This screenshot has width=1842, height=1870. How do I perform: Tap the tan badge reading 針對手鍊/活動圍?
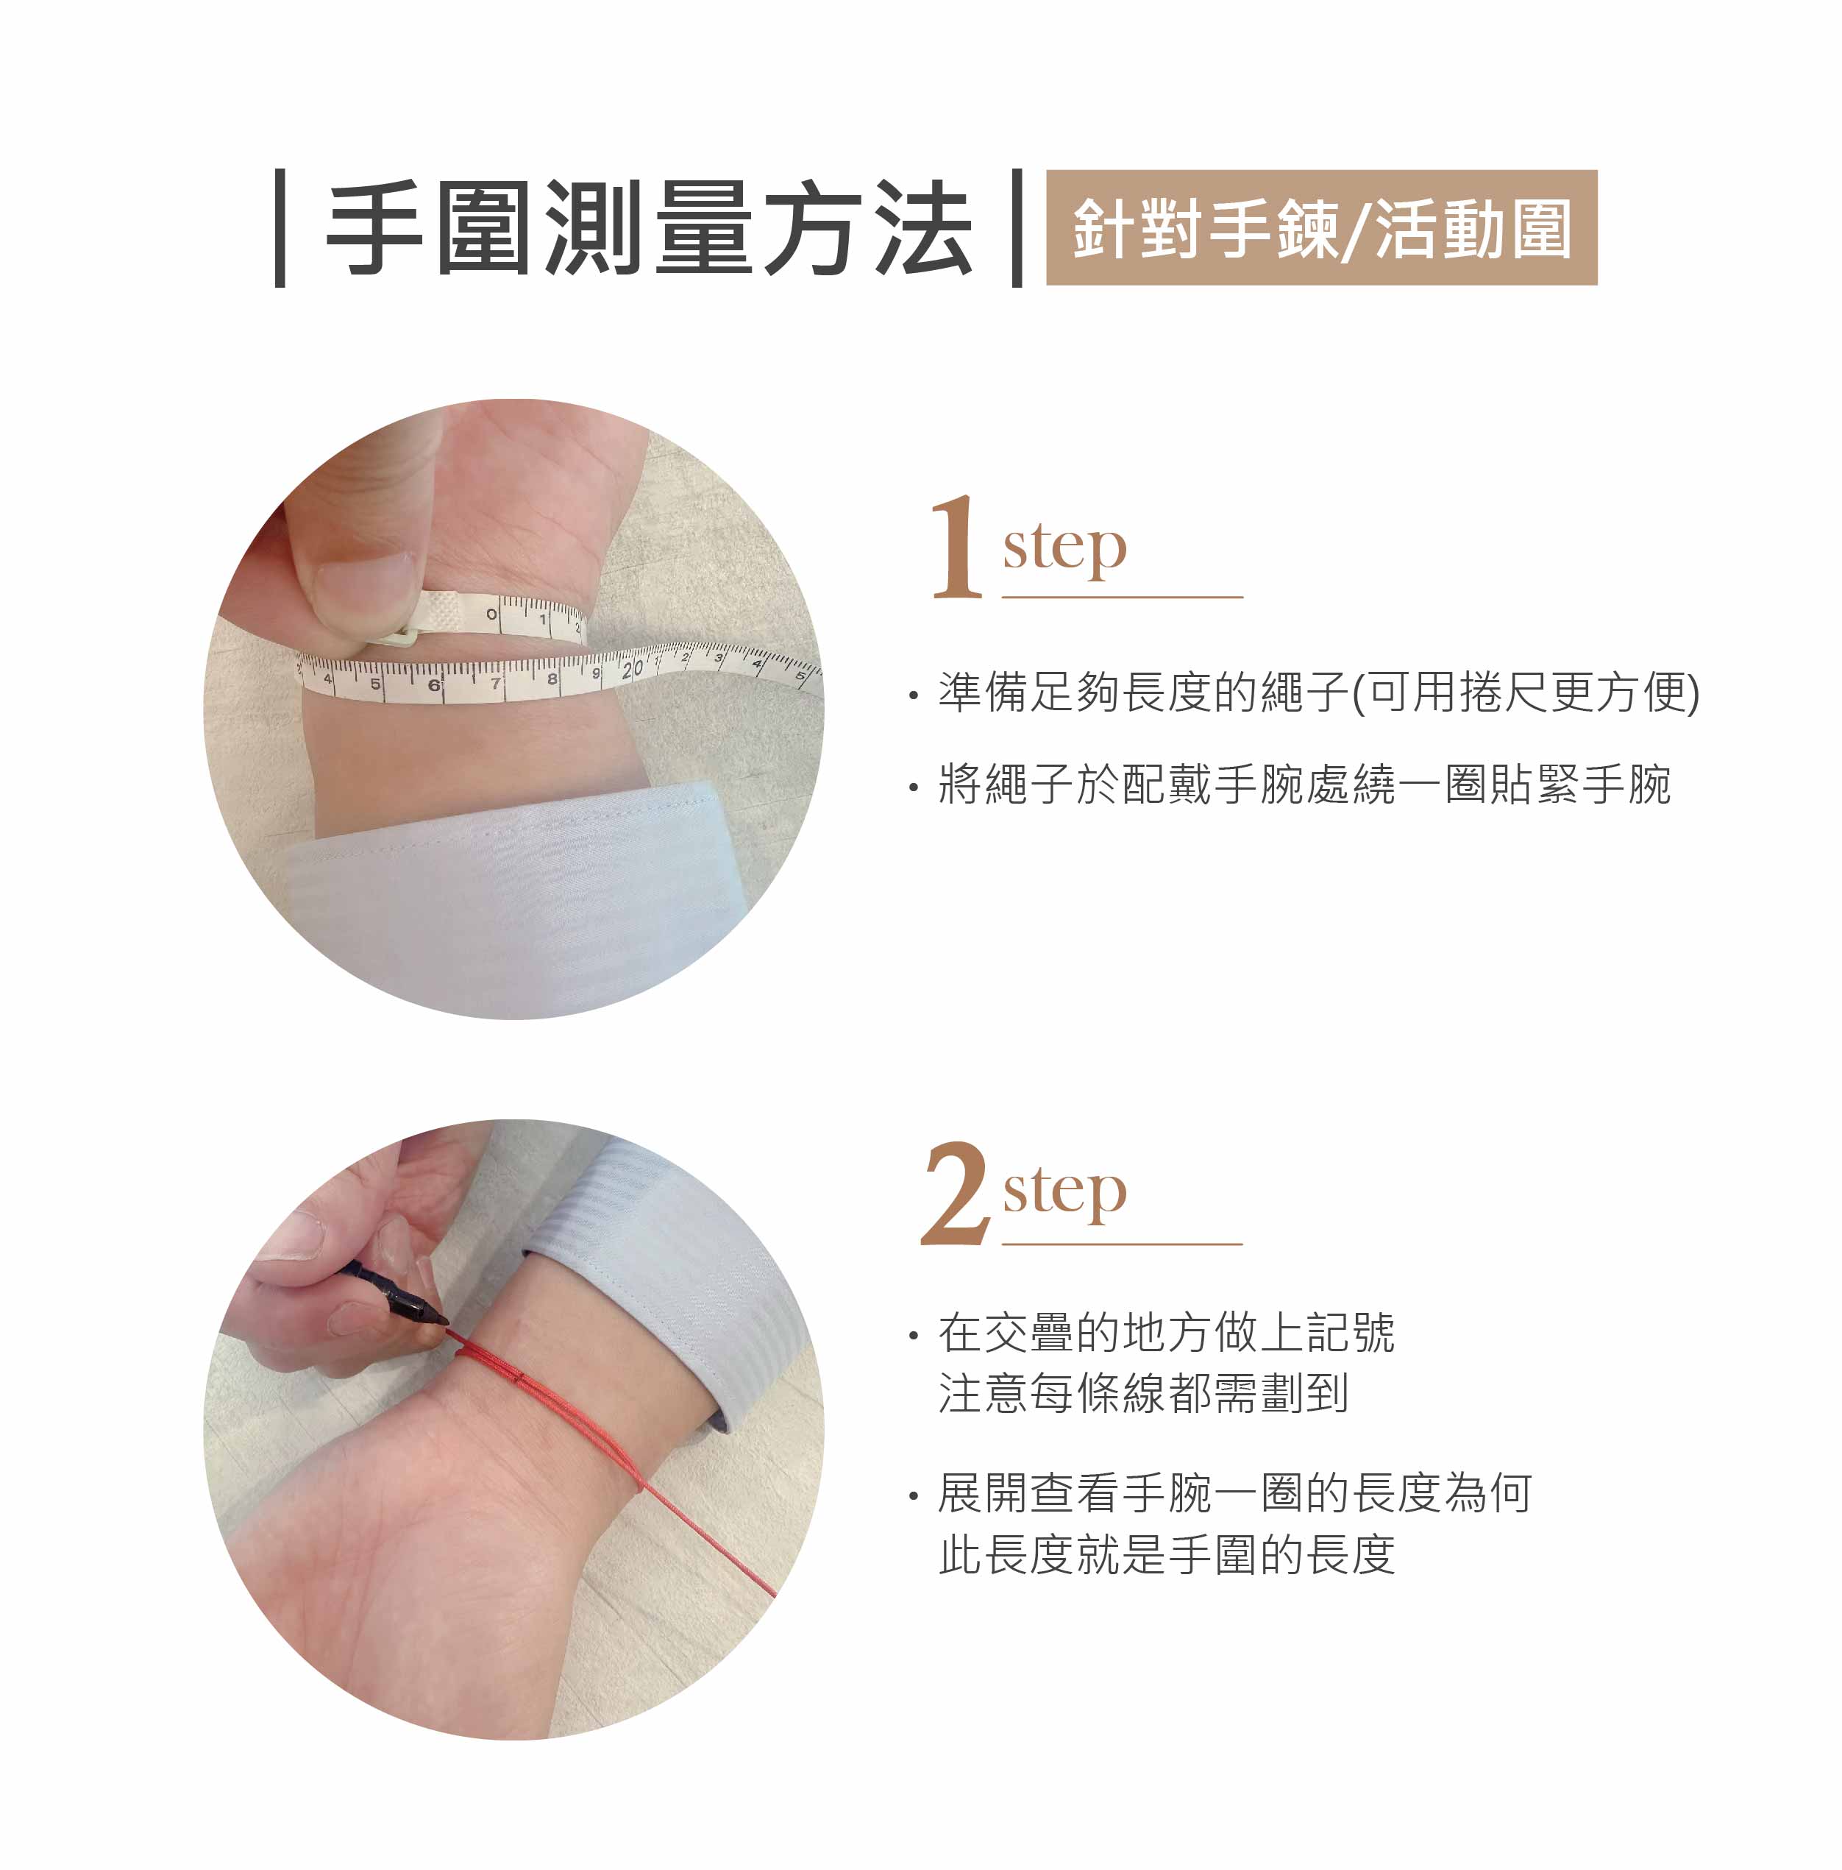click(1321, 227)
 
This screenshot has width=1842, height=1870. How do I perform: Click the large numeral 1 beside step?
click(956, 548)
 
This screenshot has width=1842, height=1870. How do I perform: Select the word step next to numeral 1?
click(1065, 550)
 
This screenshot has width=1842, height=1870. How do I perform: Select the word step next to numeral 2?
click(1065, 1194)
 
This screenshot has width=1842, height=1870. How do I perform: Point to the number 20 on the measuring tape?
click(632, 669)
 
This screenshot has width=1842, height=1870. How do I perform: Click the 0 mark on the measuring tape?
click(491, 615)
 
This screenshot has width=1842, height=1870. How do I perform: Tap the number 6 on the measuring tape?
click(433, 685)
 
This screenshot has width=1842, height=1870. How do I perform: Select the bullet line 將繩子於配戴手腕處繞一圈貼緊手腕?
click(1290, 784)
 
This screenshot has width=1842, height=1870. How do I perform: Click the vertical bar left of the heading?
click(280, 228)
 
